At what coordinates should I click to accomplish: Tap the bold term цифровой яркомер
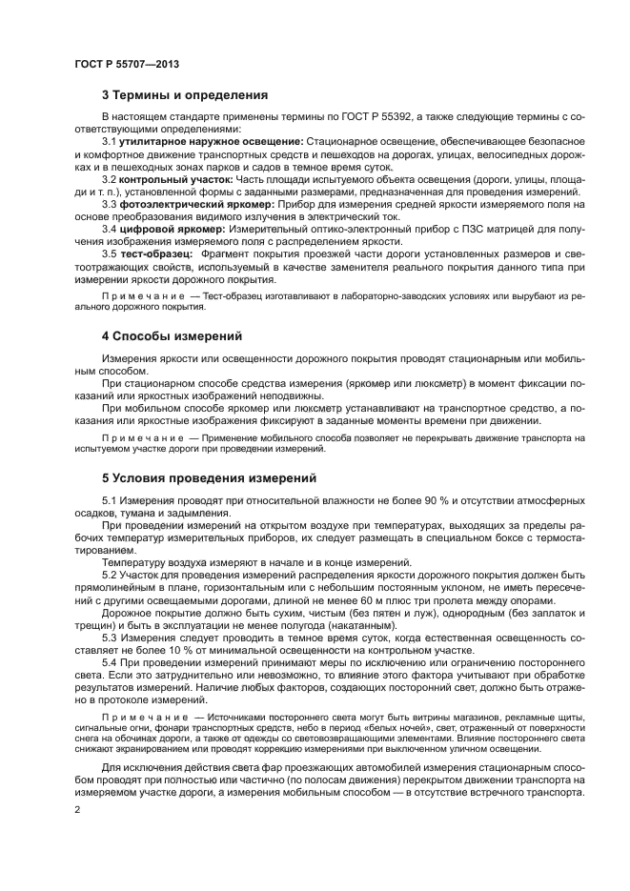coord(159,229)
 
